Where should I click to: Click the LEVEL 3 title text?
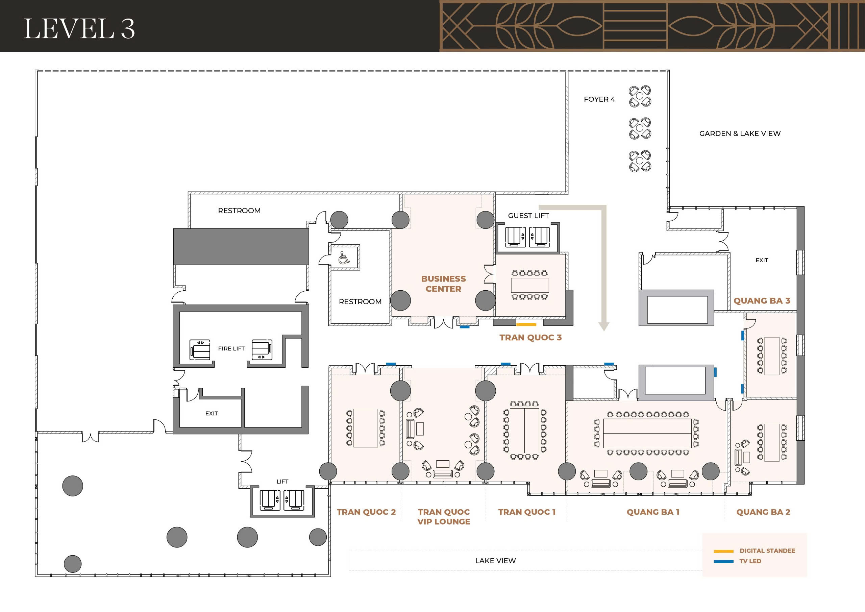(x=79, y=29)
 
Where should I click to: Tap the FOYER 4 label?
(x=599, y=99)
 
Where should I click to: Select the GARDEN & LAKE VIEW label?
(x=740, y=133)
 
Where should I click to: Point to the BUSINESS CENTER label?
(x=443, y=284)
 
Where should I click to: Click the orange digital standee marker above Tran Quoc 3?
(x=526, y=324)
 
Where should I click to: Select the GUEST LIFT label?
(x=528, y=216)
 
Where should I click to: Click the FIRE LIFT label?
(x=231, y=349)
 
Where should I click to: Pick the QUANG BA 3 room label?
(x=761, y=301)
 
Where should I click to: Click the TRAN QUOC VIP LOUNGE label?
(x=443, y=517)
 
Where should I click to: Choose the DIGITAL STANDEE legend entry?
(x=767, y=550)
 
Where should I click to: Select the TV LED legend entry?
(x=750, y=561)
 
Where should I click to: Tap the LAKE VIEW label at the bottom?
(x=495, y=561)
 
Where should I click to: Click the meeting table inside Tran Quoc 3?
(x=530, y=285)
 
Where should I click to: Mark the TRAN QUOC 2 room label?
(x=366, y=512)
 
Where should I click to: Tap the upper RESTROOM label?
(x=239, y=211)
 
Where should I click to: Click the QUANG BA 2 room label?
(x=763, y=512)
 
